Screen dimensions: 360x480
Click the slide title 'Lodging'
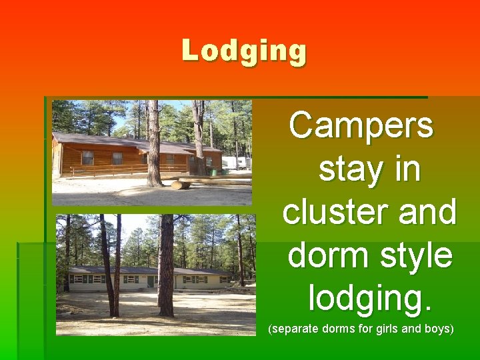244,51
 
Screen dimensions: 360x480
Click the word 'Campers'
361,125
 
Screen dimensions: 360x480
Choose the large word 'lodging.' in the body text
370,298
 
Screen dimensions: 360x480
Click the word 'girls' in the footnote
385,329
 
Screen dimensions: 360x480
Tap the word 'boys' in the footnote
437,329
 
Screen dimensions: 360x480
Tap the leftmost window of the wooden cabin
87,157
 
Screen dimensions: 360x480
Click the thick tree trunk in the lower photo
166,267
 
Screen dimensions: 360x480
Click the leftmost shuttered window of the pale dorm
78,279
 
